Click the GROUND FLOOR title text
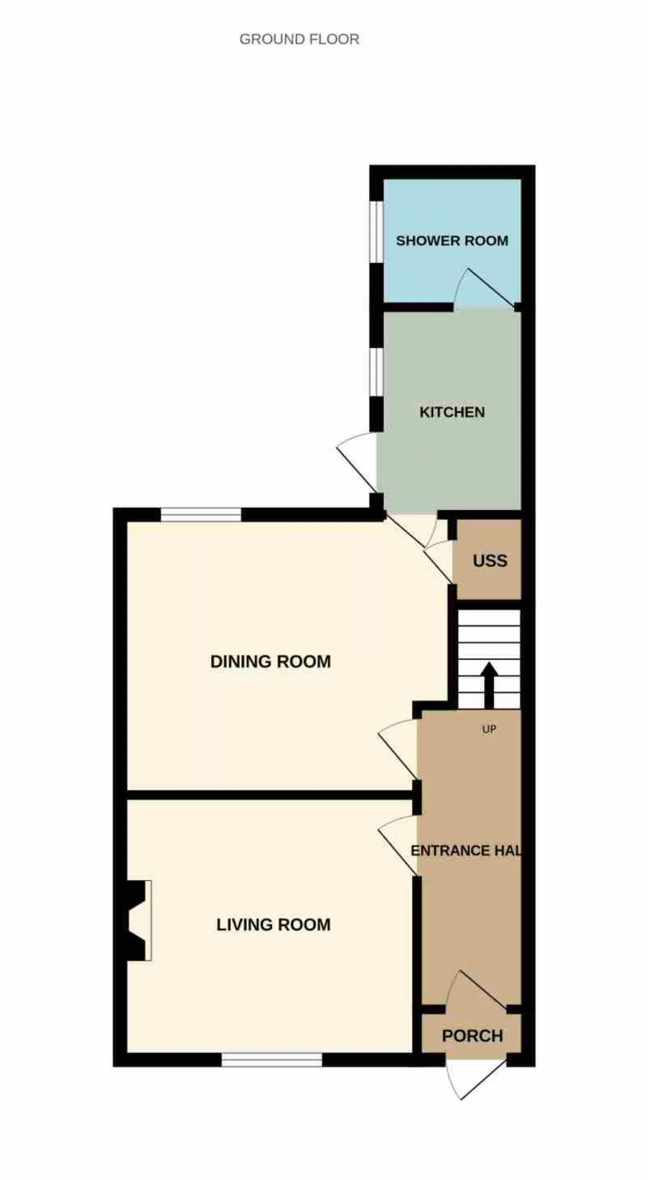299,39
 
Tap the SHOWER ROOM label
452,240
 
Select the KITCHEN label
452,412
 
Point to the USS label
490,561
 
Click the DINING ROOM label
270,662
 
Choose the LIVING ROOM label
273,925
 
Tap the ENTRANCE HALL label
466,850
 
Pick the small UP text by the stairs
489,729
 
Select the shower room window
376,232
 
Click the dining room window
201,515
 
